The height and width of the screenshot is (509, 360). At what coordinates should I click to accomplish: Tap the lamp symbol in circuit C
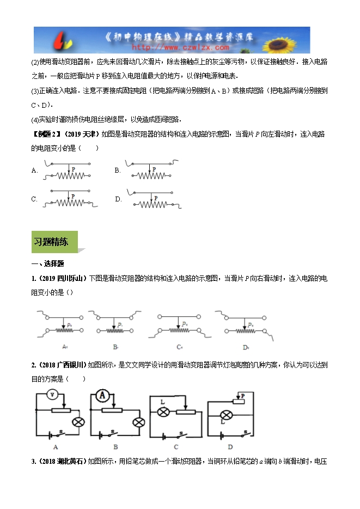[x=162, y=412]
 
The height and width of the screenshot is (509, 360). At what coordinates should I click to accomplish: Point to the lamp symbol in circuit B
[x=139, y=421]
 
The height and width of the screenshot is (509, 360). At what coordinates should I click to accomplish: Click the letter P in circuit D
[x=243, y=396]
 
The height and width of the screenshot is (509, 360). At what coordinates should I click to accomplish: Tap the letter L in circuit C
[x=162, y=402]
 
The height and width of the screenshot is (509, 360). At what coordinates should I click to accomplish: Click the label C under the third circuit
[x=175, y=447]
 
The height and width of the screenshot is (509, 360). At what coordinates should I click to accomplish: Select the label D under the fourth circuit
[x=230, y=447]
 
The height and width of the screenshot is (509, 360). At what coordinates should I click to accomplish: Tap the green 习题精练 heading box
[x=54, y=242]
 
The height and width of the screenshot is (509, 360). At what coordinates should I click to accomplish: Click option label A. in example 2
[x=34, y=170]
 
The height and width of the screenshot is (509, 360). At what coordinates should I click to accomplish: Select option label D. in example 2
[x=118, y=199]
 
